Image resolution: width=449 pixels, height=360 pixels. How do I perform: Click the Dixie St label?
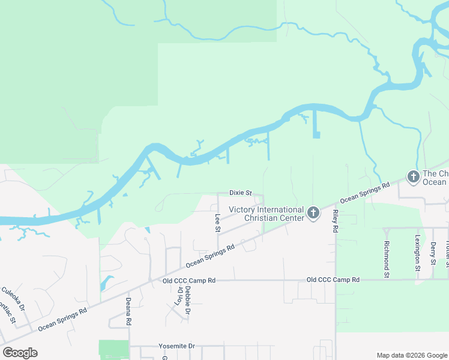241,193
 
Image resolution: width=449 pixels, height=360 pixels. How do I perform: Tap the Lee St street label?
217,222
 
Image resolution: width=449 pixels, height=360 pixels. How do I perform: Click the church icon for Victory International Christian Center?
313,212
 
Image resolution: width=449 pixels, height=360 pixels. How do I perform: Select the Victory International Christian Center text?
267,214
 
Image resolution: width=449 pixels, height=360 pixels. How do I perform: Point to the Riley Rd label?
336,221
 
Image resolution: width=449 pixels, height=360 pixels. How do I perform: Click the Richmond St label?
387,254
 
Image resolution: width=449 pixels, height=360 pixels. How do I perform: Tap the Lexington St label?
417,253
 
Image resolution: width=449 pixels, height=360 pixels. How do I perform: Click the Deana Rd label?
128,311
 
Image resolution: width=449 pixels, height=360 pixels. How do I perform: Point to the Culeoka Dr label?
13,299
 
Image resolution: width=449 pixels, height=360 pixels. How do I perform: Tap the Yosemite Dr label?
177,346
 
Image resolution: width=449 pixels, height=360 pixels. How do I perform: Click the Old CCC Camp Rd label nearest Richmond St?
333,280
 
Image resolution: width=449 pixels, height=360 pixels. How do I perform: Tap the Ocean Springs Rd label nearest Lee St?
209,256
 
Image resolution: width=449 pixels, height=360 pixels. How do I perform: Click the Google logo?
20,352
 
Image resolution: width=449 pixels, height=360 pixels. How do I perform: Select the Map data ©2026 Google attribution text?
411,355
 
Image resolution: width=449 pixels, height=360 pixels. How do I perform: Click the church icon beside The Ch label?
413,176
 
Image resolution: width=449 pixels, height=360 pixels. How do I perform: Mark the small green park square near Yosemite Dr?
113,350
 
